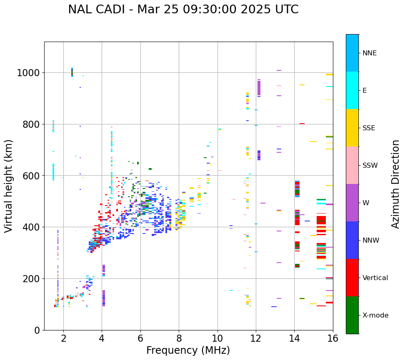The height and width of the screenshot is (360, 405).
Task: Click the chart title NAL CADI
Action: (x=183, y=10)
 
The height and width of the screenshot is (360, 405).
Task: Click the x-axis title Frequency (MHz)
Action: (x=188, y=350)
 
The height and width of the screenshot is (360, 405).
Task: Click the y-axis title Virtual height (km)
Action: (x=9, y=186)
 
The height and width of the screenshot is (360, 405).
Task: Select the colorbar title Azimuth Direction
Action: (x=395, y=184)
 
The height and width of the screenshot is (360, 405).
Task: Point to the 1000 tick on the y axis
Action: (x=28, y=73)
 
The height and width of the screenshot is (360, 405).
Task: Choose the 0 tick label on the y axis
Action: (x=37, y=330)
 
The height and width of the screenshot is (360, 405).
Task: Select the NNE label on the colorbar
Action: (x=370, y=53)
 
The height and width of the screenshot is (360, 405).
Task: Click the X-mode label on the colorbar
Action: (x=375, y=315)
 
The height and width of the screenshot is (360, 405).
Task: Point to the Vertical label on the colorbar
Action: (x=375, y=278)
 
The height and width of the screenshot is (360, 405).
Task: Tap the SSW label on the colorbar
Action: (x=370, y=165)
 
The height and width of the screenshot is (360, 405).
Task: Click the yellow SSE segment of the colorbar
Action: (x=352, y=128)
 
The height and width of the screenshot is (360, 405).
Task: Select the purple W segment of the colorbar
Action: (x=352, y=203)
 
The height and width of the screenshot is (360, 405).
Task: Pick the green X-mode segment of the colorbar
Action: (x=352, y=315)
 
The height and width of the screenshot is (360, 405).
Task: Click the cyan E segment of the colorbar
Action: (x=352, y=90)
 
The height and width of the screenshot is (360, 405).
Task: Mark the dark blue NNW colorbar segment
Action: (x=352, y=240)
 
